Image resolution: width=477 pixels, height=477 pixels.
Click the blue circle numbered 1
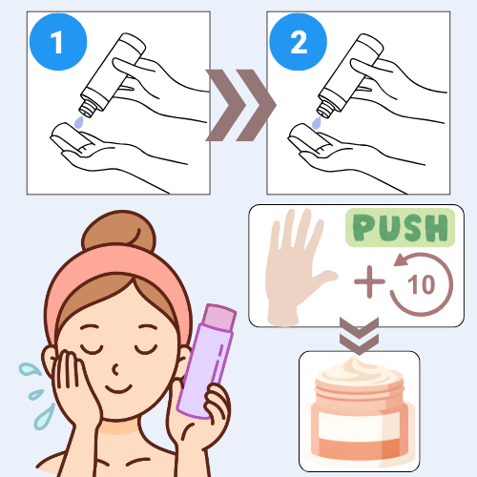[58, 42]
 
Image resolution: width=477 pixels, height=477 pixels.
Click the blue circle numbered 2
[298, 42]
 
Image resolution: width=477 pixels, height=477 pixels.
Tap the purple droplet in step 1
[78, 122]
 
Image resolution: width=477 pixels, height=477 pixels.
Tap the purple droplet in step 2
[317, 123]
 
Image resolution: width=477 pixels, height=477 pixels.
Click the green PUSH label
[401, 228]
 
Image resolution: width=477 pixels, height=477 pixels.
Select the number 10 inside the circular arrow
[421, 284]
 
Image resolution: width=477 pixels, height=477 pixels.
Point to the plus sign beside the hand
[369, 281]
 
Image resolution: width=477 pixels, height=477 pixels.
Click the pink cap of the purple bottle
[219, 318]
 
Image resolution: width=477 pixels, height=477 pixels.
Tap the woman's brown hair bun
[118, 232]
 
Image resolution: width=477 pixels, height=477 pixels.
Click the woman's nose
[116, 369]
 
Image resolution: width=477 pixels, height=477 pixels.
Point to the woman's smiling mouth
[118, 389]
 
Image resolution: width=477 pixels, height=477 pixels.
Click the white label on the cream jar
[359, 426]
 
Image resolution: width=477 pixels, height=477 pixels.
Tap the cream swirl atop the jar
[358, 370]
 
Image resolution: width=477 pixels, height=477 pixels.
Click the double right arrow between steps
[240, 105]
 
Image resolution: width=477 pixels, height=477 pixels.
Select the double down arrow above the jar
[359, 336]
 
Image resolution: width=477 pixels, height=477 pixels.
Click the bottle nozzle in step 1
[88, 108]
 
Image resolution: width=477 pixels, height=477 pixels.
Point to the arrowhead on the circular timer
[402, 259]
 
